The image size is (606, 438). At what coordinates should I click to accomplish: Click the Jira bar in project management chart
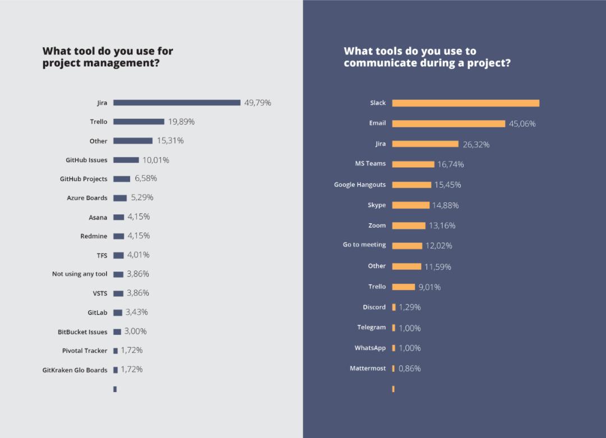177,103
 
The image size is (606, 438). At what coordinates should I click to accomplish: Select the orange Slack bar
466,103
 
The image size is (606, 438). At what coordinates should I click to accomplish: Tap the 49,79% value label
258,103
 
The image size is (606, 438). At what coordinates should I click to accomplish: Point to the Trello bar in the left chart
139,122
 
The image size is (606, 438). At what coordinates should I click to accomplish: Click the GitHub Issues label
86,160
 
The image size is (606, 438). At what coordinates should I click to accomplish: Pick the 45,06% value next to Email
522,124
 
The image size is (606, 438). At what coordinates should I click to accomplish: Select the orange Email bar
448,123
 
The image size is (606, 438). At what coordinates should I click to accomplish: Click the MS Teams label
370,164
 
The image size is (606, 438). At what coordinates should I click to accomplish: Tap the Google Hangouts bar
411,185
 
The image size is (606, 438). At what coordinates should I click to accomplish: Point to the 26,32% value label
476,145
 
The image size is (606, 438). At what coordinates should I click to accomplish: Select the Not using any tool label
80,274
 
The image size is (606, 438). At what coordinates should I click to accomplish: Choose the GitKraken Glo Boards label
75,370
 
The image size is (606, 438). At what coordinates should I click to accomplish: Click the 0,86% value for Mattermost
410,368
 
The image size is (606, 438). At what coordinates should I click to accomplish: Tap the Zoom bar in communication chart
408,225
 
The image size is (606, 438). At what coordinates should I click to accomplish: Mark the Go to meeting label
364,245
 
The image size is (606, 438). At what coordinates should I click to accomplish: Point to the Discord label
374,307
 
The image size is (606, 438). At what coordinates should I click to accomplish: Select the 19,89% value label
181,122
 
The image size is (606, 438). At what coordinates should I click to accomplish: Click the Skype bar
411,205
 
